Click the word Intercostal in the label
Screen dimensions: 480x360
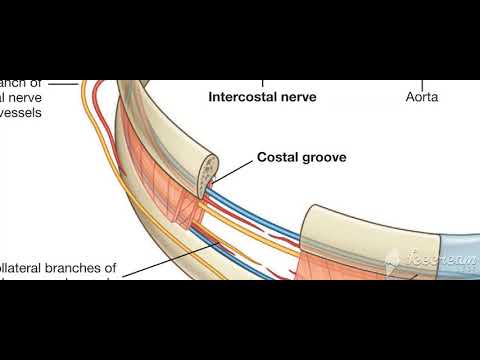click(x=241, y=98)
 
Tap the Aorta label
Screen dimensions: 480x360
click(x=422, y=98)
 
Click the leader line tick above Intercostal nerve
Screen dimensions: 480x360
click(x=264, y=84)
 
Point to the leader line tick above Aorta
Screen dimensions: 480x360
click(x=421, y=84)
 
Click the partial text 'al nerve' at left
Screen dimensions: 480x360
click(x=26, y=98)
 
